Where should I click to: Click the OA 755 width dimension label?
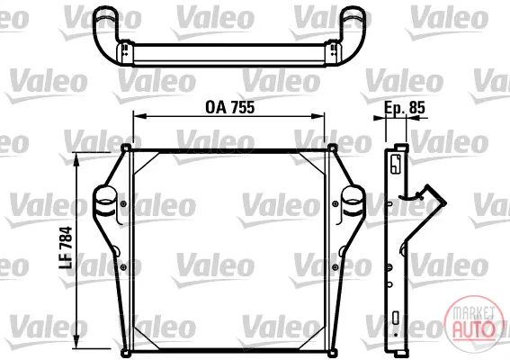coord(229,107)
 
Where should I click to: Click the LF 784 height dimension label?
coord(66,247)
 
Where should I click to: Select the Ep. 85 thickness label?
coord(405,107)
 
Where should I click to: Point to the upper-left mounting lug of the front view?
coord(126,148)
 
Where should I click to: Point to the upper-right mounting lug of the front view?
coord(333,148)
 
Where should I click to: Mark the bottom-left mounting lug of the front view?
coord(125,353)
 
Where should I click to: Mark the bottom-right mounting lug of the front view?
coord(333,353)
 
